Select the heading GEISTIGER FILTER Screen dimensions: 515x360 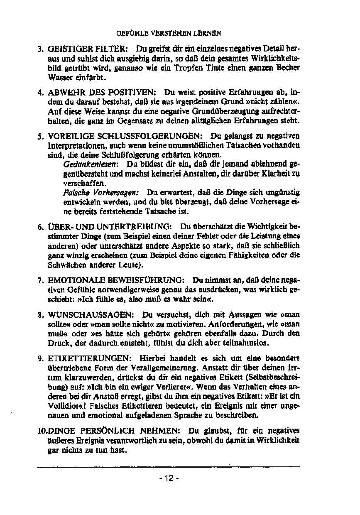[85, 47]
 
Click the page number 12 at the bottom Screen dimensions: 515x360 [169, 478]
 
